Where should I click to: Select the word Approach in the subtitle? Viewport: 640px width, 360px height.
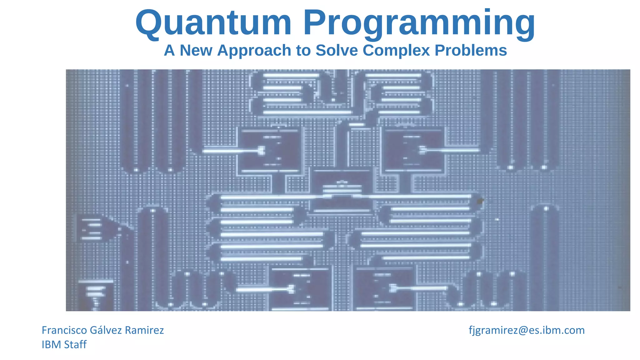(254, 50)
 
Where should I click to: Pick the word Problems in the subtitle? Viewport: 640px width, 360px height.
(471, 50)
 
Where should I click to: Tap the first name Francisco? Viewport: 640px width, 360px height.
(64, 330)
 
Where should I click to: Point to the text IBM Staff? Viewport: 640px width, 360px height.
(64, 344)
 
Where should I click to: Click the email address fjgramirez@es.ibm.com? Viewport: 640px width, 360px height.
(527, 330)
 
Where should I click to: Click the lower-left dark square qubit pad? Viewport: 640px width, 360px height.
(300, 289)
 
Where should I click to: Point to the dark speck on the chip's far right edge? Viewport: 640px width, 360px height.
(620, 287)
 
